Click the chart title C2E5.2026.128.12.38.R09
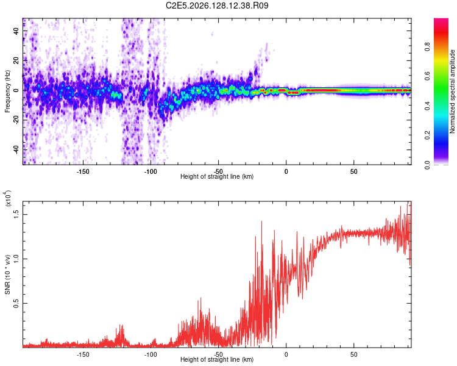click(x=217, y=5)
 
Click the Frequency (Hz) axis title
click(x=7, y=91)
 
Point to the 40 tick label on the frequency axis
click(x=16, y=30)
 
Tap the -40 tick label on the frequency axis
click(x=16, y=149)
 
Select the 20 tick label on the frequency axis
click(x=16, y=60)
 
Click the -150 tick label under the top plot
click(x=83, y=171)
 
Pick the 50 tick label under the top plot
click(x=353, y=171)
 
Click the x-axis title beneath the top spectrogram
click(x=217, y=176)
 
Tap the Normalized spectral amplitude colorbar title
click(x=452, y=91)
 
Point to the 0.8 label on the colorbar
click(x=427, y=47)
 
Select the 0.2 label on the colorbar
click(x=427, y=135)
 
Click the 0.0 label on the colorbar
click(x=427, y=165)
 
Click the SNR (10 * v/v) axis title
click(x=7, y=274)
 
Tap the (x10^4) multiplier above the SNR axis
click(x=8, y=198)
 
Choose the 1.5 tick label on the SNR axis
click(x=16, y=214)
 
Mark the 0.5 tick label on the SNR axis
click(x=16, y=303)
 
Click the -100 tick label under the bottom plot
click(x=151, y=354)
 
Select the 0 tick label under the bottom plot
click(x=286, y=354)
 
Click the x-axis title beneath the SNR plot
click(x=217, y=359)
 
